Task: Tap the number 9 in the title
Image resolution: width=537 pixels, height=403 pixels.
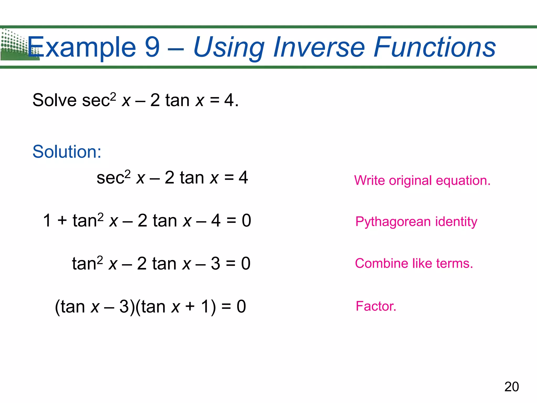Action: click(152, 47)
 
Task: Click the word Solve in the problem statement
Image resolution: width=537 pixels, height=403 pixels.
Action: click(55, 100)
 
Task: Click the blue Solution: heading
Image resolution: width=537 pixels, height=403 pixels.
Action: click(67, 152)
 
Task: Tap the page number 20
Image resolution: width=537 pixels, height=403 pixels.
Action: click(511, 387)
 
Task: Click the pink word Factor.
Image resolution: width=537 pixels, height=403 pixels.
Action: click(375, 306)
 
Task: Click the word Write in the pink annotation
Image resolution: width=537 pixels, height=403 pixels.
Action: click(369, 181)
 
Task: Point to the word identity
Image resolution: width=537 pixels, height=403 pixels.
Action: click(456, 222)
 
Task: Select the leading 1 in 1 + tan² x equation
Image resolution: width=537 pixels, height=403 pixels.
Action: click(47, 220)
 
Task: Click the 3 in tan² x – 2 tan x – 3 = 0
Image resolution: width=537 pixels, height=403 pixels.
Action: click(215, 263)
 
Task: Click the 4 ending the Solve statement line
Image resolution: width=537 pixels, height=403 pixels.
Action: click(229, 100)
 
